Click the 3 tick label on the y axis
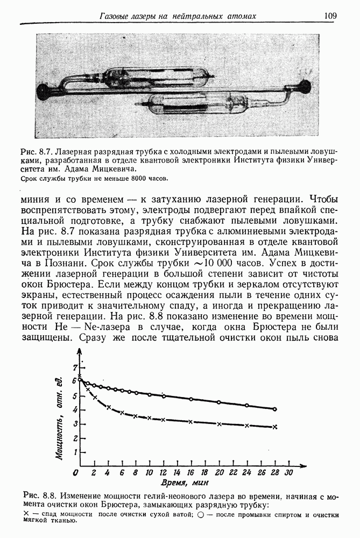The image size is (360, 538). [75, 424]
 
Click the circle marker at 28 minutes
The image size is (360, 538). [274, 409]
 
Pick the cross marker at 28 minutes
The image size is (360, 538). [274, 427]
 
